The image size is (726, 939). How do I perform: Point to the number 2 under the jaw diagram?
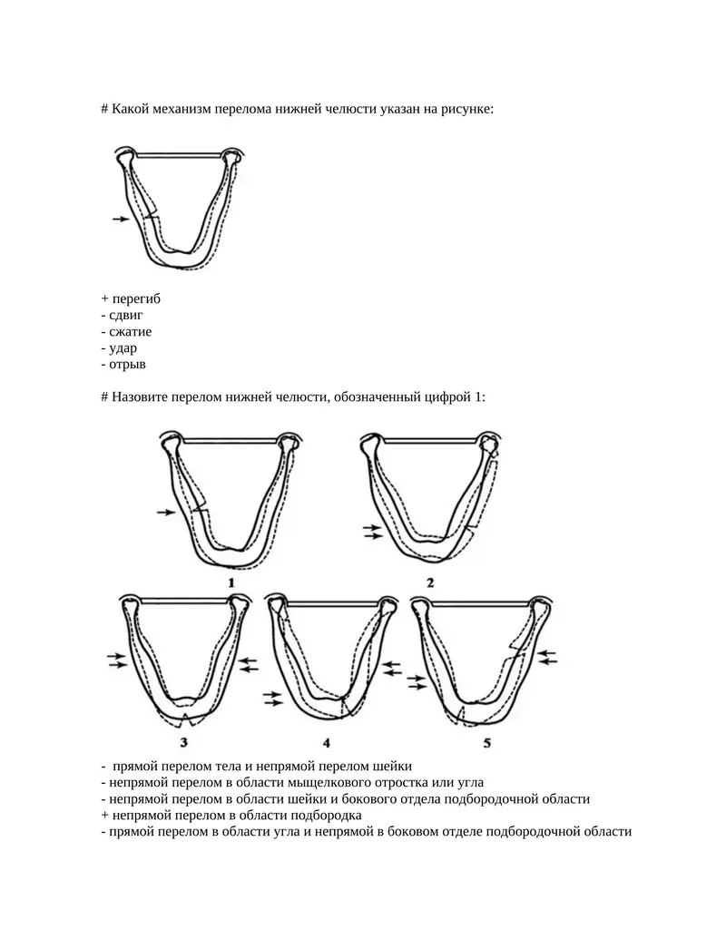click(x=429, y=582)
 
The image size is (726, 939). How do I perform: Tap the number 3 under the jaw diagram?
click(x=183, y=742)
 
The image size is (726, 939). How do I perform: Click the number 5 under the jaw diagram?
click(x=486, y=742)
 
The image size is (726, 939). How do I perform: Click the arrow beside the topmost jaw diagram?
click(x=121, y=219)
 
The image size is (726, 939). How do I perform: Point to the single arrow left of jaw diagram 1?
click(x=164, y=513)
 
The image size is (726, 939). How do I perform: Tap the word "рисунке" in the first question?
click(x=466, y=109)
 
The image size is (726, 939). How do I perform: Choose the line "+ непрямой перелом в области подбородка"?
click(x=231, y=815)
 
